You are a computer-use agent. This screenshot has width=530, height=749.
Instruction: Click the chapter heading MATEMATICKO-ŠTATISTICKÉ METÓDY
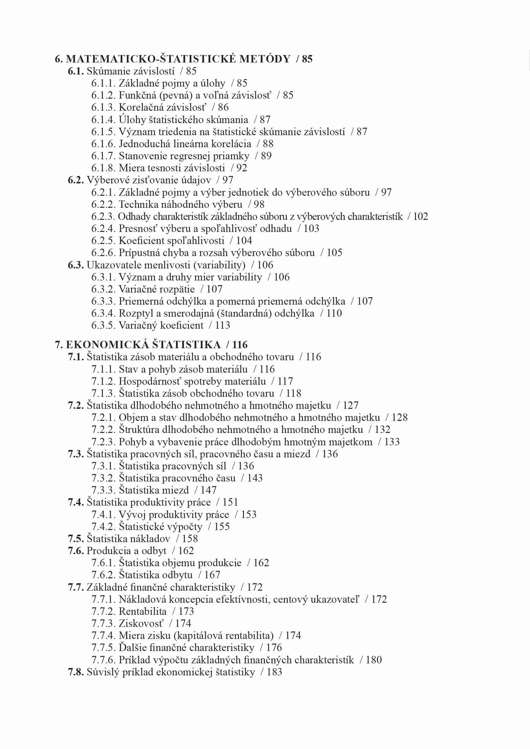[178, 59]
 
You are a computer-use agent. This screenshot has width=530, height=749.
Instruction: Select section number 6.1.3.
[103, 107]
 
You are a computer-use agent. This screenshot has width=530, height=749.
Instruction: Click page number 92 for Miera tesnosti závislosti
[242, 168]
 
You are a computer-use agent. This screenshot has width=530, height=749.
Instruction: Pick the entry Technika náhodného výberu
[180, 204]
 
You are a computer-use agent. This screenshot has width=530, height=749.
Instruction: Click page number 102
[420, 216]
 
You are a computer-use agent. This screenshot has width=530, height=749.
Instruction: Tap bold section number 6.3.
[76, 265]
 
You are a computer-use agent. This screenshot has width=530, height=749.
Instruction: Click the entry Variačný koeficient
[161, 326]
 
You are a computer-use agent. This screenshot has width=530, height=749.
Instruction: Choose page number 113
[222, 326]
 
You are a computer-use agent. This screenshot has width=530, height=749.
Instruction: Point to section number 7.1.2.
[103, 381]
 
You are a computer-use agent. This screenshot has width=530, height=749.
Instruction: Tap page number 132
[382, 430]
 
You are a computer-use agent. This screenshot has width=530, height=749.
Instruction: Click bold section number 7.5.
[76, 539]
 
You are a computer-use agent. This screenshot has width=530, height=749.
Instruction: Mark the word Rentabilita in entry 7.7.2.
[143, 611]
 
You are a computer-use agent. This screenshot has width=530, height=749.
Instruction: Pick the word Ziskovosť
[141, 623]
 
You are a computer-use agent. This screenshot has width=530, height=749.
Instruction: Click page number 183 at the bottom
[274, 672]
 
